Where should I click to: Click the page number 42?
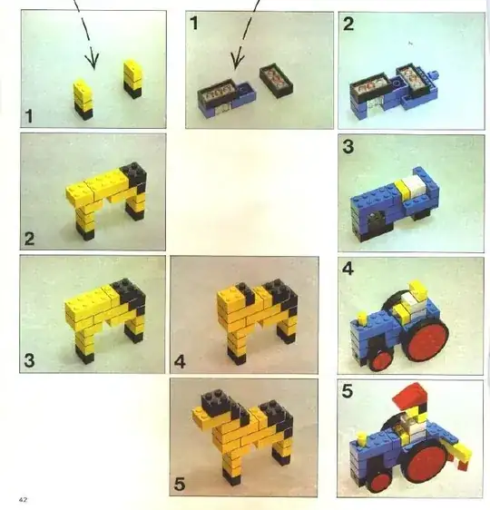coord(23,500)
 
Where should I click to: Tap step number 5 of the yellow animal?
coord(180,484)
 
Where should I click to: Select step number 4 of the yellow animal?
coord(180,361)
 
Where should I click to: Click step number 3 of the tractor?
coord(348,146)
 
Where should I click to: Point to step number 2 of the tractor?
coord(348,25)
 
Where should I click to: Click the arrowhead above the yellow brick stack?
coord(93,58)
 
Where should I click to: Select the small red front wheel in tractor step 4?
coord(380,360)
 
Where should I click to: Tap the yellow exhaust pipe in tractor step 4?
coord(361,319)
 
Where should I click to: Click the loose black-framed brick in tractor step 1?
coord(277,82)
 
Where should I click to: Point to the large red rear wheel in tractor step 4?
coord(426,338)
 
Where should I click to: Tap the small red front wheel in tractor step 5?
coord(379,483)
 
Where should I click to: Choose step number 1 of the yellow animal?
coord(29,116)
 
